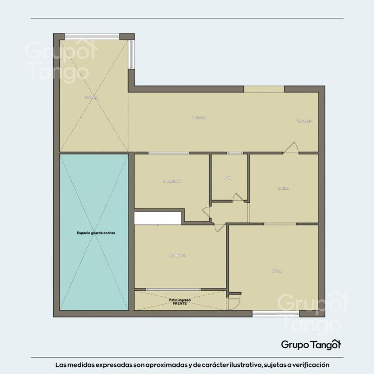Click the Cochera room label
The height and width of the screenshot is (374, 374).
coord(91,97)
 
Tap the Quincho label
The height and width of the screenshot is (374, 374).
coord(199,118)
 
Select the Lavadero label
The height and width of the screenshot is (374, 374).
coord(305,121)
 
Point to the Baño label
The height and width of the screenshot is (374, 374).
coord(228,178)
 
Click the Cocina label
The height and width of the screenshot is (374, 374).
coord(283,188)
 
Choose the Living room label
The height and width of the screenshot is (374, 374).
coord(276,271)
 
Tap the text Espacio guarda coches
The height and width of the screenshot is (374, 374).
coord(96,233)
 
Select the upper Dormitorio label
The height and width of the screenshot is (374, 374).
coord(172,181)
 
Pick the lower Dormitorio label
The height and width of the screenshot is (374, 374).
coord(177,256)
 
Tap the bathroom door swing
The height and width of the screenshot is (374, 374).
coord(238,197)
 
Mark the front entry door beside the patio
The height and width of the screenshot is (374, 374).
coord(233,303)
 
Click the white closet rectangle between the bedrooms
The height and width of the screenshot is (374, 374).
coord(158,218)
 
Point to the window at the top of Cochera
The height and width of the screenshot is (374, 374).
coord(92,36)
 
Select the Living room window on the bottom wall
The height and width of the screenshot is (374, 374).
coord(276,314)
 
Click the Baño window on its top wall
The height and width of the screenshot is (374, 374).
coord(235,153)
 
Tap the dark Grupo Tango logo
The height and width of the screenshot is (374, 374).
coord(311,344)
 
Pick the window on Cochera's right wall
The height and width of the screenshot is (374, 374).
coord(131,54)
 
